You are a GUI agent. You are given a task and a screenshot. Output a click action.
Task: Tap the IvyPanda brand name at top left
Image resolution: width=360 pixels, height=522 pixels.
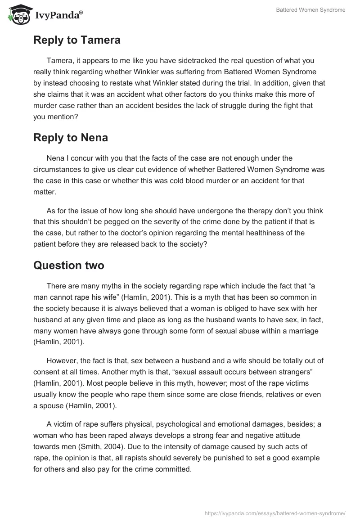[x=58, y=16]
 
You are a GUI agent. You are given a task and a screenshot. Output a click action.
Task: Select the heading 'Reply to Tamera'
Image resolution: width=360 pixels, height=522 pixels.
[x=77, y=40]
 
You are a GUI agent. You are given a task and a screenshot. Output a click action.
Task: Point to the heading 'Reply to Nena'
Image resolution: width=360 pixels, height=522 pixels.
[x=71, y=137]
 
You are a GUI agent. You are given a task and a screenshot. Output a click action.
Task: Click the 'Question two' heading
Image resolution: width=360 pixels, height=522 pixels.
[x=69, y=265]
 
